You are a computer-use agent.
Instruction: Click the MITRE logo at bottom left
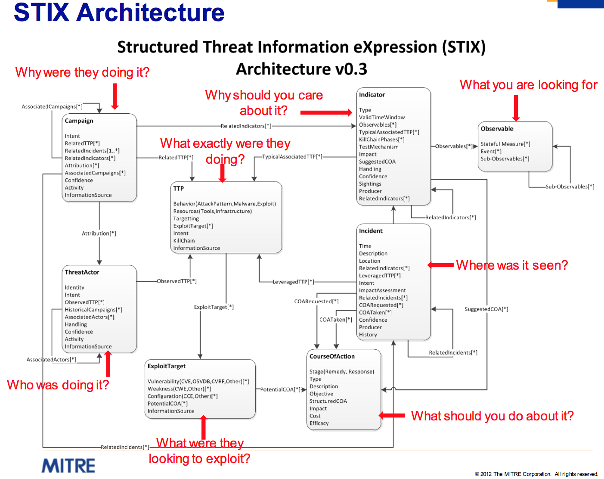coord(68,466)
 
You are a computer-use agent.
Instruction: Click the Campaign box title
coord(79,121)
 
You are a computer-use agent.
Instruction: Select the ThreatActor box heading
coord(82,272)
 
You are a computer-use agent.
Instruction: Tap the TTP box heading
coord(178,189)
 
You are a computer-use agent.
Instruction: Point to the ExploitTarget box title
coord(167,366)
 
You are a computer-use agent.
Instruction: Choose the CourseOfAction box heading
coord(332,357)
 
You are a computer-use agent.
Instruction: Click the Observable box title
coord(497,129)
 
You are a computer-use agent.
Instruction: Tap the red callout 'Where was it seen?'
coord(512,265)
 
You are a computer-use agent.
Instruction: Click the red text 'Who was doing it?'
coord(58,385)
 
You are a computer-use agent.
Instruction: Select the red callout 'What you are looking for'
coord(528,85)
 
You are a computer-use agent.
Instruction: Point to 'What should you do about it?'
coord(492,416)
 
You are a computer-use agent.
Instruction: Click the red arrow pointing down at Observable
coord(516,108)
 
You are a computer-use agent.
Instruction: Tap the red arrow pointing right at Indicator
coord(326,112)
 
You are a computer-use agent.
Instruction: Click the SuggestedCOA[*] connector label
coord(486,309)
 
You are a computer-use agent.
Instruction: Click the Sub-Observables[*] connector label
coord(570,187)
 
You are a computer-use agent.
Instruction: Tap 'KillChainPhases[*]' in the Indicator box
coord(381,140)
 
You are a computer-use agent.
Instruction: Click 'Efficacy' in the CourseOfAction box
coord(319,423)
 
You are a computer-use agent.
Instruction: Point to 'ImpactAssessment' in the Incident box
coord(382,290)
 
